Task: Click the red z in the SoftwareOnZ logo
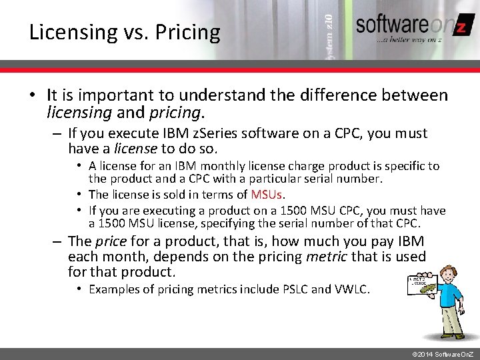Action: point(459,27)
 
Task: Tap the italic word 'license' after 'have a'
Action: point(136,148)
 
